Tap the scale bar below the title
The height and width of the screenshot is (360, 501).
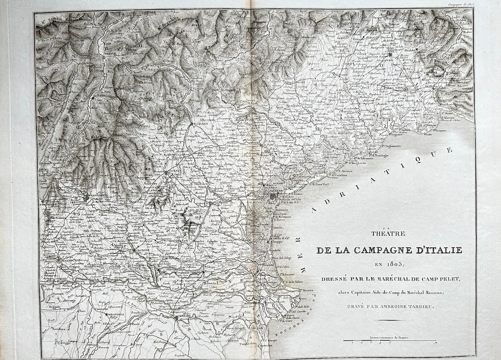click(389, 340)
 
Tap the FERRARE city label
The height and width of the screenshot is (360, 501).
click(184, 318)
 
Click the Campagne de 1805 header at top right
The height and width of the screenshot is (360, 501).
click(460, 4)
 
